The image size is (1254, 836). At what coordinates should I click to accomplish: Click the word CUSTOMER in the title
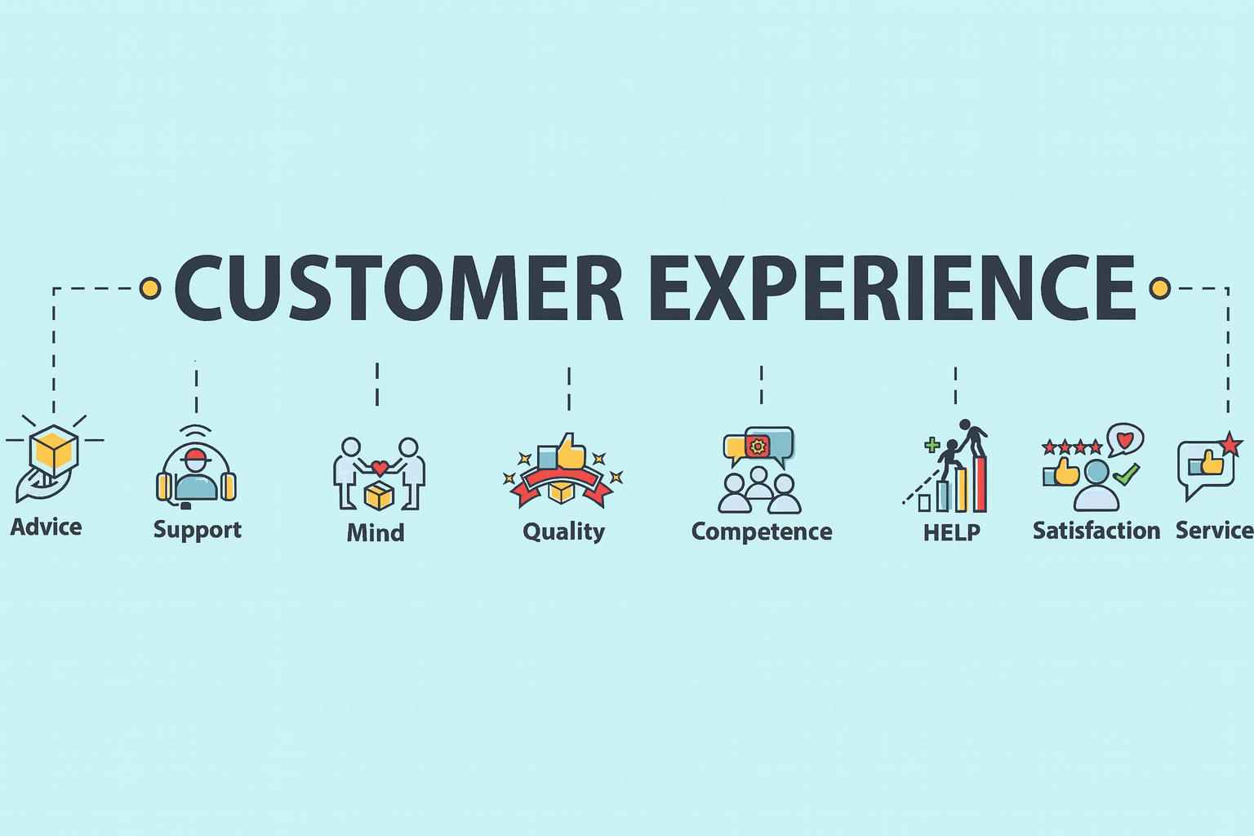398,288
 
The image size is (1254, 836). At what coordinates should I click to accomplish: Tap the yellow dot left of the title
150,288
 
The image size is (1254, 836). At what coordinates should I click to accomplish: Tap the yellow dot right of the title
1159,288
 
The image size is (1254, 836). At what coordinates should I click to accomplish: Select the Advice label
46,527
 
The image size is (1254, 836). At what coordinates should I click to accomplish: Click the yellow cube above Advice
54,451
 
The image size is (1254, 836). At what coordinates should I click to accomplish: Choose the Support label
198,530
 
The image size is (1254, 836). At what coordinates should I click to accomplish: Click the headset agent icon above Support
196,474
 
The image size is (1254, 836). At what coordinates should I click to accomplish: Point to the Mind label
376,532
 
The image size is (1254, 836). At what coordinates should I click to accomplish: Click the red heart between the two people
380,469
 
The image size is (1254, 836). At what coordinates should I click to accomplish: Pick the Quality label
563,531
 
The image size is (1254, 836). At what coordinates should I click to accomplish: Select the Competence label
762,531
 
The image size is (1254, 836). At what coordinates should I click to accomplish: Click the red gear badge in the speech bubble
758,447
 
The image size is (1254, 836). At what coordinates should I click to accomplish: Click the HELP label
952,532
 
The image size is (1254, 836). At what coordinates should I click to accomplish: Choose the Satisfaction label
1096,531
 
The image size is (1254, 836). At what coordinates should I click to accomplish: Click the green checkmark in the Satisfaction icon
1127,474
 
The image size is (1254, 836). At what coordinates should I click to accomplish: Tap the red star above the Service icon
1230,445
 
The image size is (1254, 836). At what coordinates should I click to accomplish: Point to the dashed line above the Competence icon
761,385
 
